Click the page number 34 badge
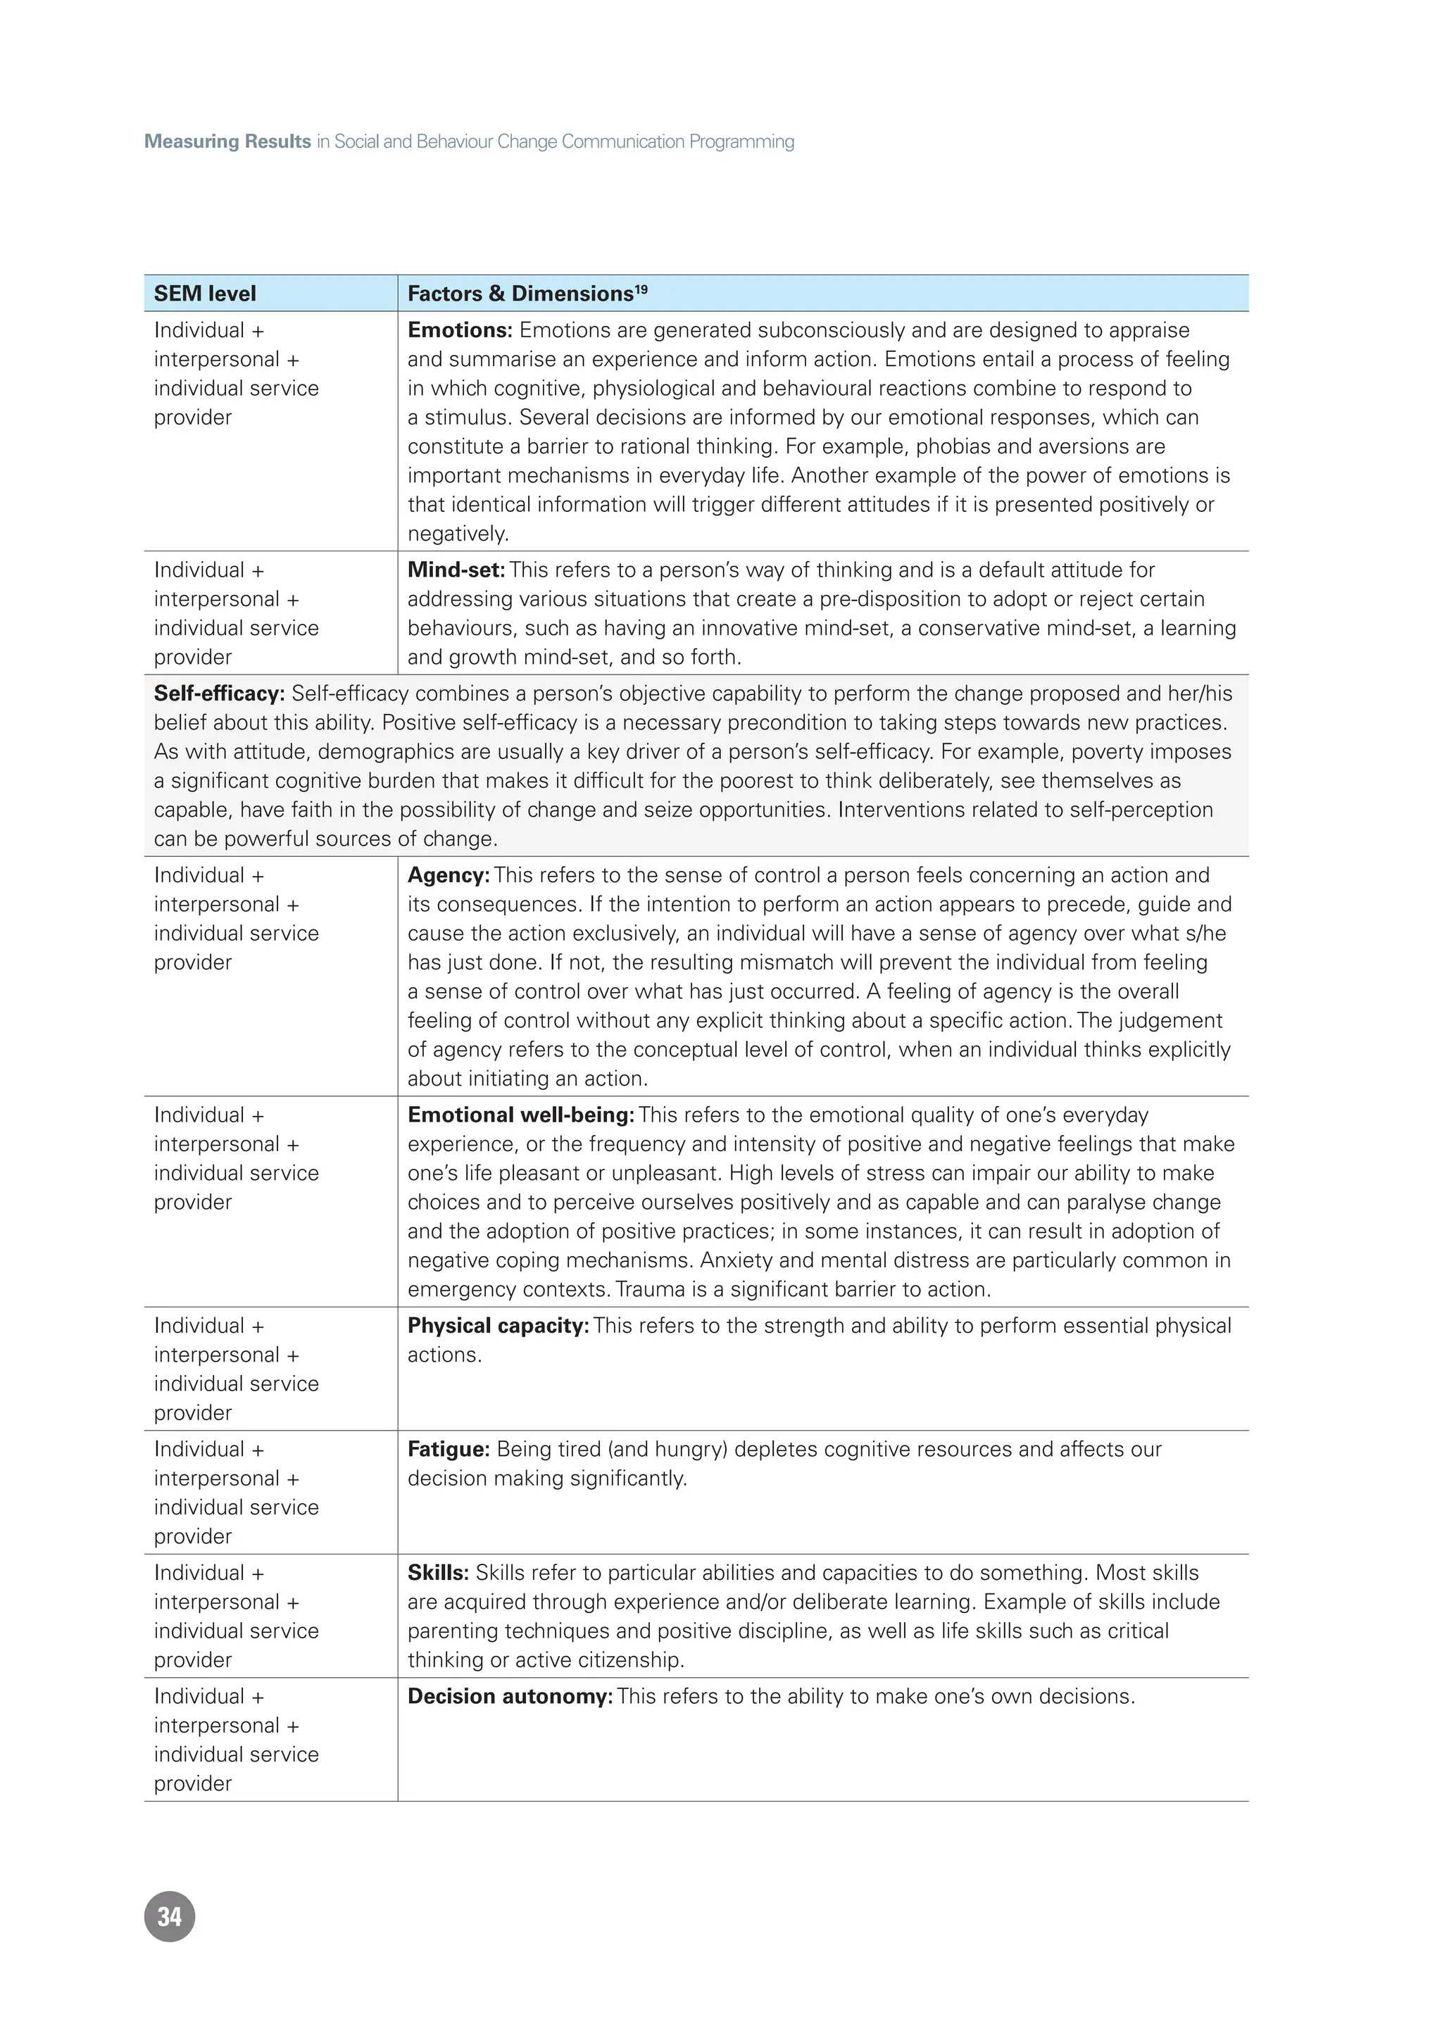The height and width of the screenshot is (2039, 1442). tap(169, 1916)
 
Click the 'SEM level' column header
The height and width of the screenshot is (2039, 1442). tap(205, 294)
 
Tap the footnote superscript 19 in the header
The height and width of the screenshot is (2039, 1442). tap(641, 289)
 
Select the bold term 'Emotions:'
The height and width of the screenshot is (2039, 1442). tap(460, 330)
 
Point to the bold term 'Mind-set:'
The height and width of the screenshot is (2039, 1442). tap(456, 570)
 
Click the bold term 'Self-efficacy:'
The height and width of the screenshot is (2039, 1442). tap(219, 694)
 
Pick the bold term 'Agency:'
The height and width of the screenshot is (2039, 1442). tap(449, 876)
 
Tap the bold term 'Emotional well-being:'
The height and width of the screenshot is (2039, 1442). tap(520, 1115)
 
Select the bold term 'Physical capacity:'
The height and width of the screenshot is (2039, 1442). tap(498, 1326)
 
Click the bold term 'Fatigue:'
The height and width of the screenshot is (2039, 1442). tap(449, 1449)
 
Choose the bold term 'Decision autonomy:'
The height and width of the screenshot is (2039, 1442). tap(510, 1696)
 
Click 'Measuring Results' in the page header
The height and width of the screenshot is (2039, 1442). tap(227, 142)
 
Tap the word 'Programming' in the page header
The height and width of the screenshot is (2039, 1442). tap(741, 142)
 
